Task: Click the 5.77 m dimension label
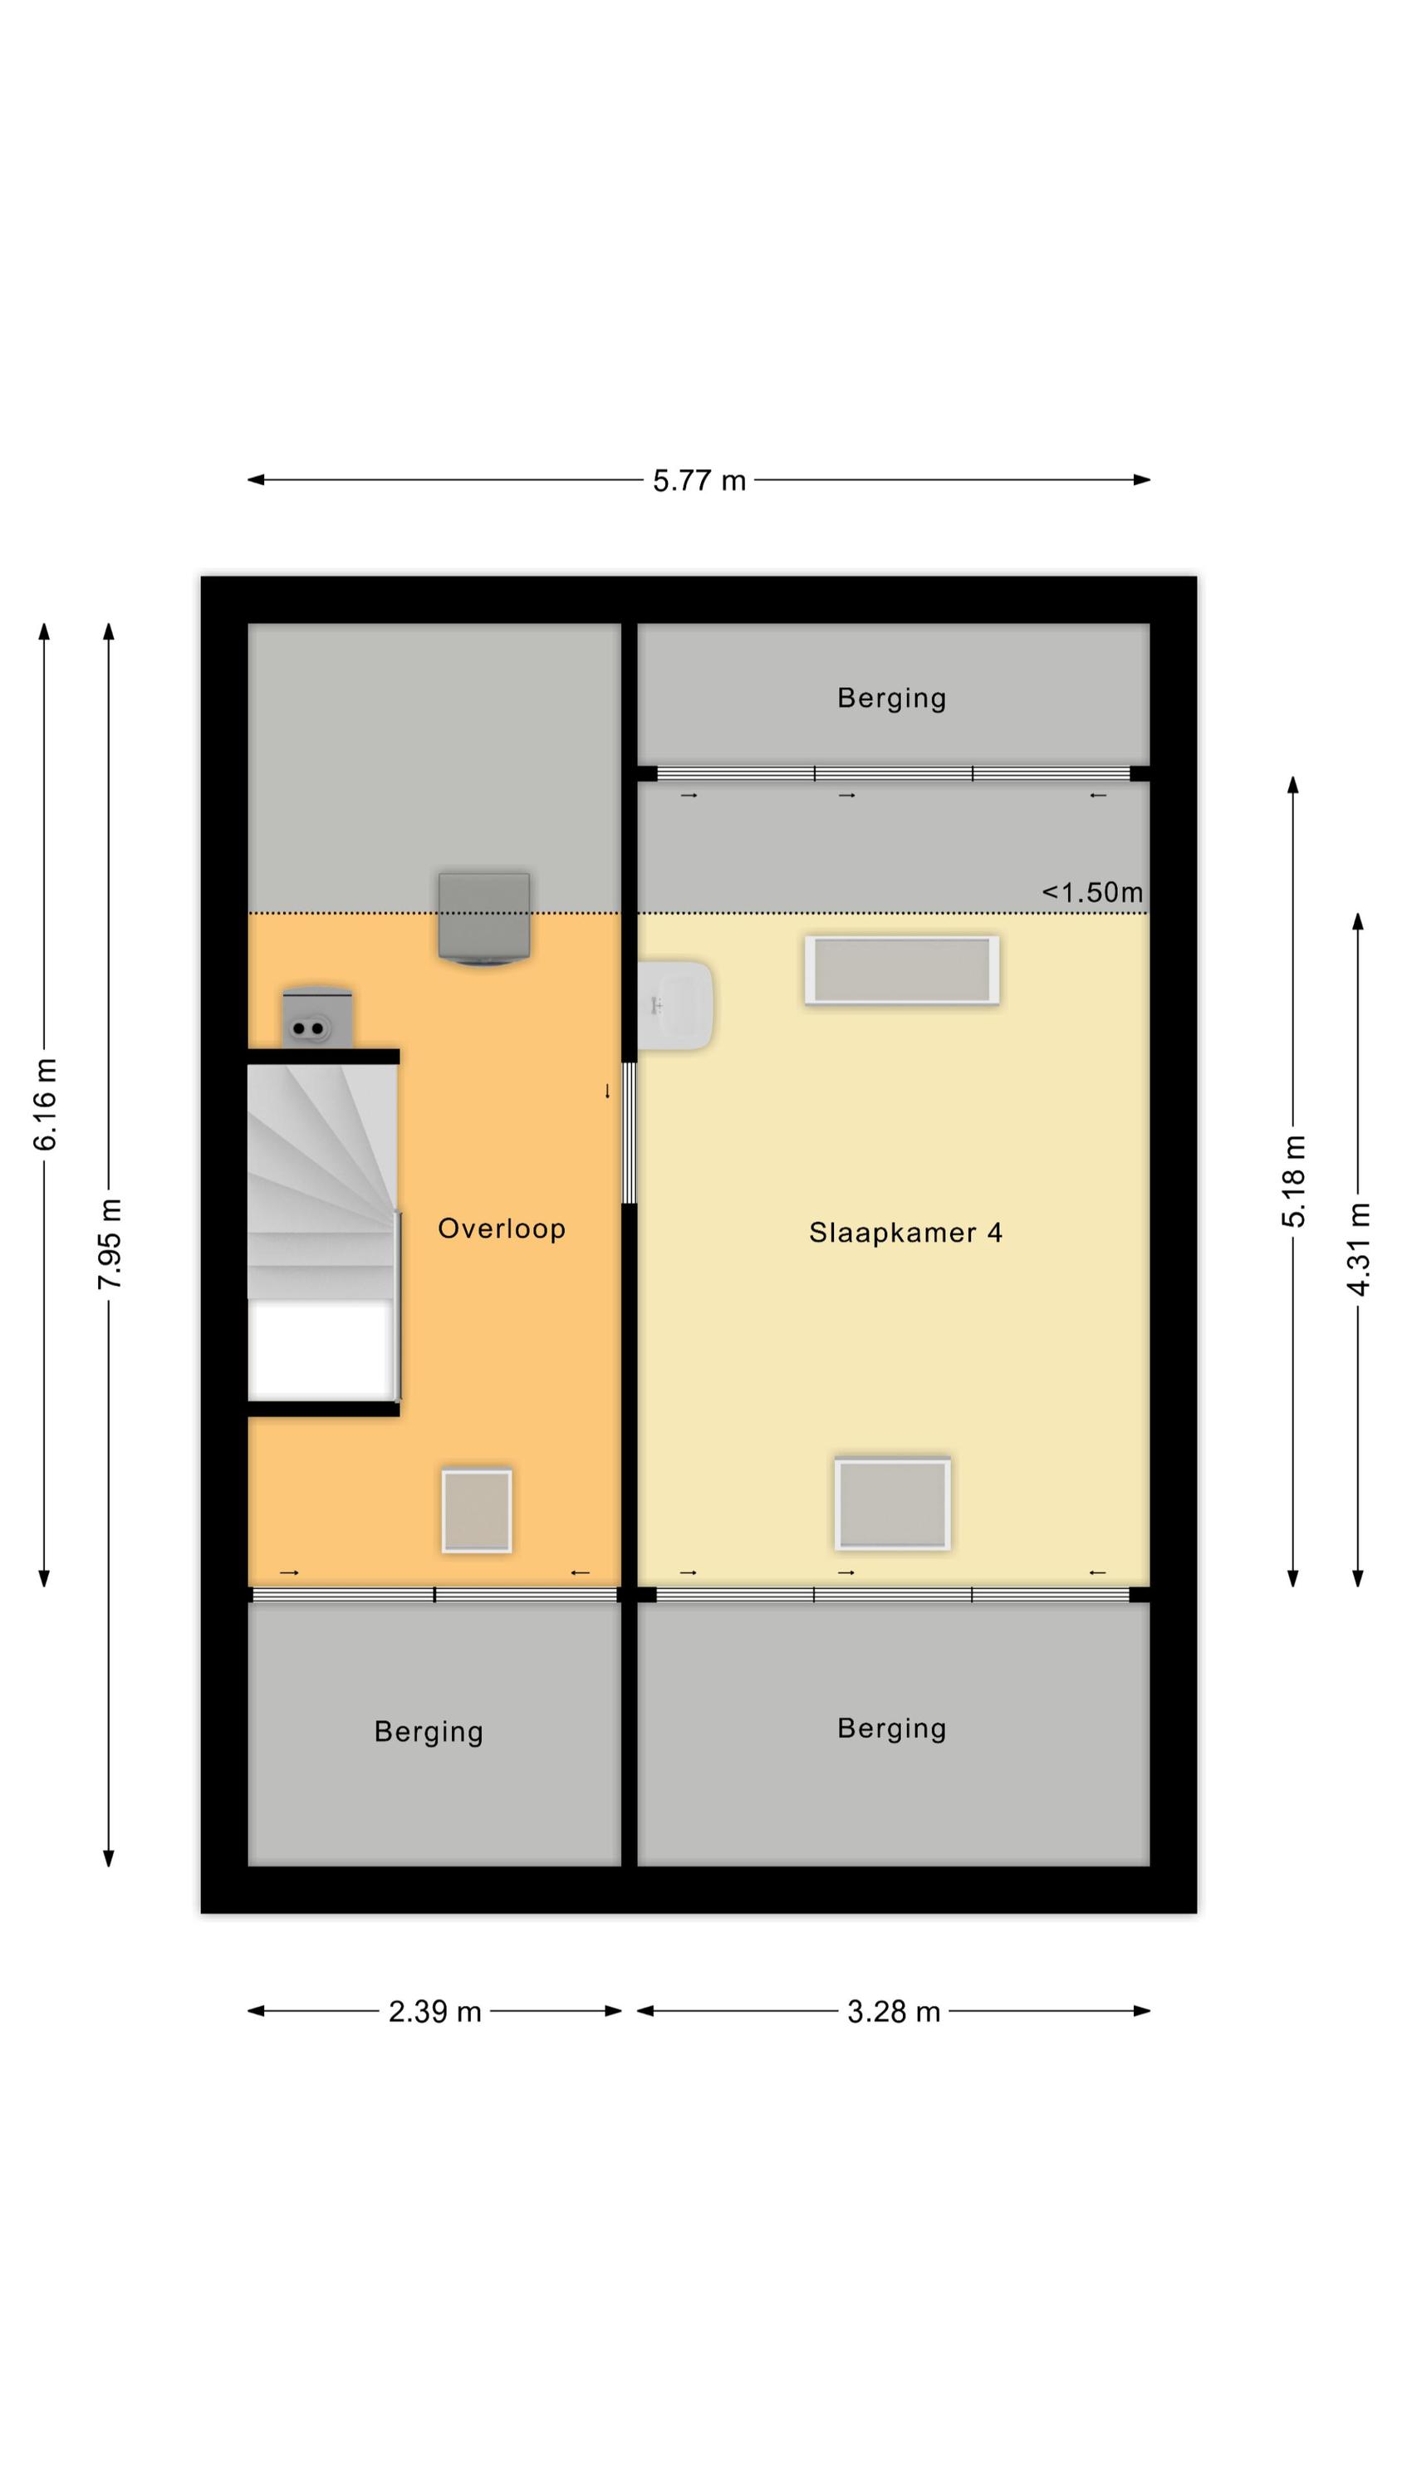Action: [x=699, y=481]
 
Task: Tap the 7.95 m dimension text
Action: [x=110, y=1244]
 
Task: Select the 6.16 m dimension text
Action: [x=46, y=1105]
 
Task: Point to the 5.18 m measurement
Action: [x=1294, y=1182]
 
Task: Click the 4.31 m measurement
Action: [x=1359, y=1248]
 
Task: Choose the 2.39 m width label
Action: [x=434, y=2012]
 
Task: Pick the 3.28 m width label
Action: [x=893, y=2012]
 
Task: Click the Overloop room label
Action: [x=501, y=1229]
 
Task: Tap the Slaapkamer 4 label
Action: [x=904, y=1233]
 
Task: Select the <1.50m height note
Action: [x=1091, y=892]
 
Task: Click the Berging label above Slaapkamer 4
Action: [x=891, y=698]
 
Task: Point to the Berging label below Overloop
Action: [x=429, y=1732]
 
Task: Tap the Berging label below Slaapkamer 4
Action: [x=891, y=1728]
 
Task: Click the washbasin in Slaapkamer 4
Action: [x=675, y=1005]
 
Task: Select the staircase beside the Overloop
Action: [x=322, y=1230]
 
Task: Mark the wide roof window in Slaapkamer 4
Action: [x=902, y=970]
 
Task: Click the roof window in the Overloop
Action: [x=476, y=1511]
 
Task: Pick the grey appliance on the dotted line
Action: [x=483, y=919]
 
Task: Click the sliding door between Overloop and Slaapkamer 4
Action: [x=628, y=1133]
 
